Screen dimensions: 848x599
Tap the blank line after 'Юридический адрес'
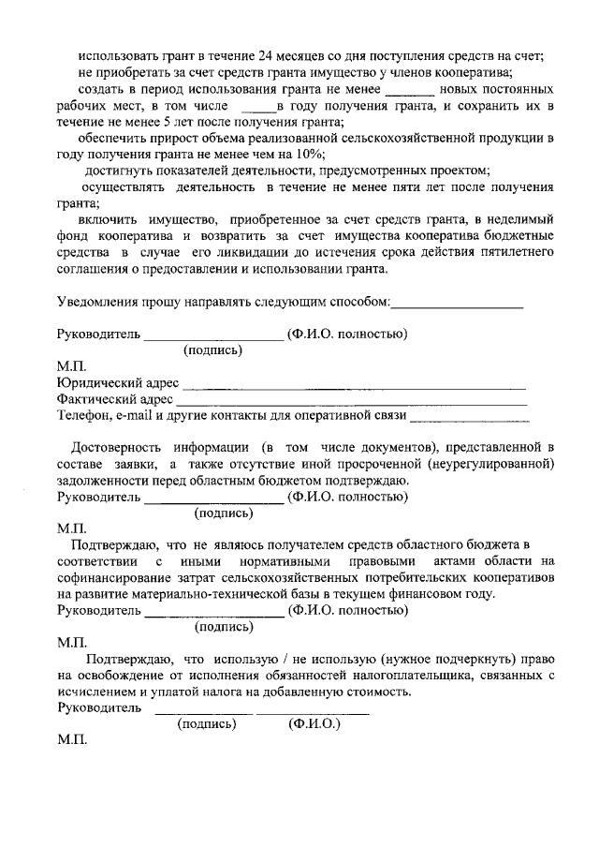click(x=353, y=384)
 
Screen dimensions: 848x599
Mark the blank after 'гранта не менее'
click(x=409, y=91)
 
